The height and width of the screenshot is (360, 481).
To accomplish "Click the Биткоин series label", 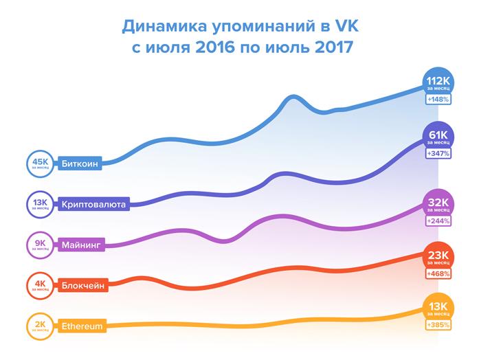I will pos(80,164).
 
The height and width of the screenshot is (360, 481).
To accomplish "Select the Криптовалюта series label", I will pos(93,204).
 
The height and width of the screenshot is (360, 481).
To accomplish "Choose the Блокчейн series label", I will pos(83,284).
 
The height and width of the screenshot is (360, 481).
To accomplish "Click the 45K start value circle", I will pos(38,164).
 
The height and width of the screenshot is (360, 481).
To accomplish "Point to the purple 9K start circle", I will pos(38,244).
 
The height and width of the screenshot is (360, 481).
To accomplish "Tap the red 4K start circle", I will pos(38,284).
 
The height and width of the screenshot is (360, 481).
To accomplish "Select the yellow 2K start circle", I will pos(38,326).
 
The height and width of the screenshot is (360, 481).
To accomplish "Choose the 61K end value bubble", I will pos(438,137).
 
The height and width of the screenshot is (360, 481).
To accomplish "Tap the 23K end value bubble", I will pos(438,258).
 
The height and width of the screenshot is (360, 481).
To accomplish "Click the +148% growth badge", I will pos(438,100).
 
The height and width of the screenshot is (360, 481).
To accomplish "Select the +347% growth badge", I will pos(438,154).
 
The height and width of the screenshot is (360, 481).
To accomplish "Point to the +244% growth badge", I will pos(438,221).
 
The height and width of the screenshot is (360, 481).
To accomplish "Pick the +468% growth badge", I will pos(438,275).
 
